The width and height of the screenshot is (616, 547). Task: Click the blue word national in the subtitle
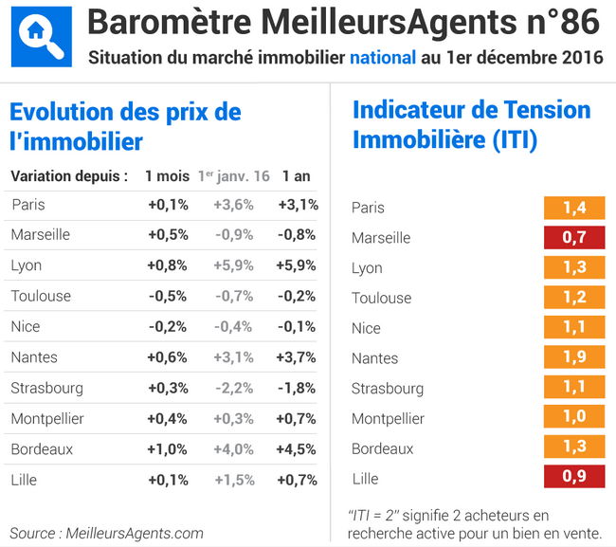383,58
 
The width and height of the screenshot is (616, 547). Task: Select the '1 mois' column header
166,176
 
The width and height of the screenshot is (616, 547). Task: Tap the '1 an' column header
296,176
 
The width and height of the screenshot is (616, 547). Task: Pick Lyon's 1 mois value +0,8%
168,265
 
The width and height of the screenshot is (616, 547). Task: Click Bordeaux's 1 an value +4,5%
297,449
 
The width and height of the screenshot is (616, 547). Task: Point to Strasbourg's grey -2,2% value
233,388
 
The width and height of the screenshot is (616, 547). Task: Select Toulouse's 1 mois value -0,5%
168,296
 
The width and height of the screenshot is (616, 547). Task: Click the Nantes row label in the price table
34,357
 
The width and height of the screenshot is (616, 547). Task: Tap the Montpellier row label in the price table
47,418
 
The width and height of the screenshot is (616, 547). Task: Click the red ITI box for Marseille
574,237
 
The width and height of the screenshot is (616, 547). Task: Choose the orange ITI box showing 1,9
574,357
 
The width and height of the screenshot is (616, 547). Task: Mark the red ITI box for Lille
574,478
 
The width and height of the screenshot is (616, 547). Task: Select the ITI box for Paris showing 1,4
574,208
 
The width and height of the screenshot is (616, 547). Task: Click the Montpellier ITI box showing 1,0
574,418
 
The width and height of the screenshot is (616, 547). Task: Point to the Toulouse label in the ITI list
381,298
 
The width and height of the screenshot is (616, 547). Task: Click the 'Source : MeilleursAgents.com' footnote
106,533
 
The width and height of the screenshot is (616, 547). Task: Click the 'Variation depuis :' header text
69,176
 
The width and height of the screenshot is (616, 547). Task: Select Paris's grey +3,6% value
233,205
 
